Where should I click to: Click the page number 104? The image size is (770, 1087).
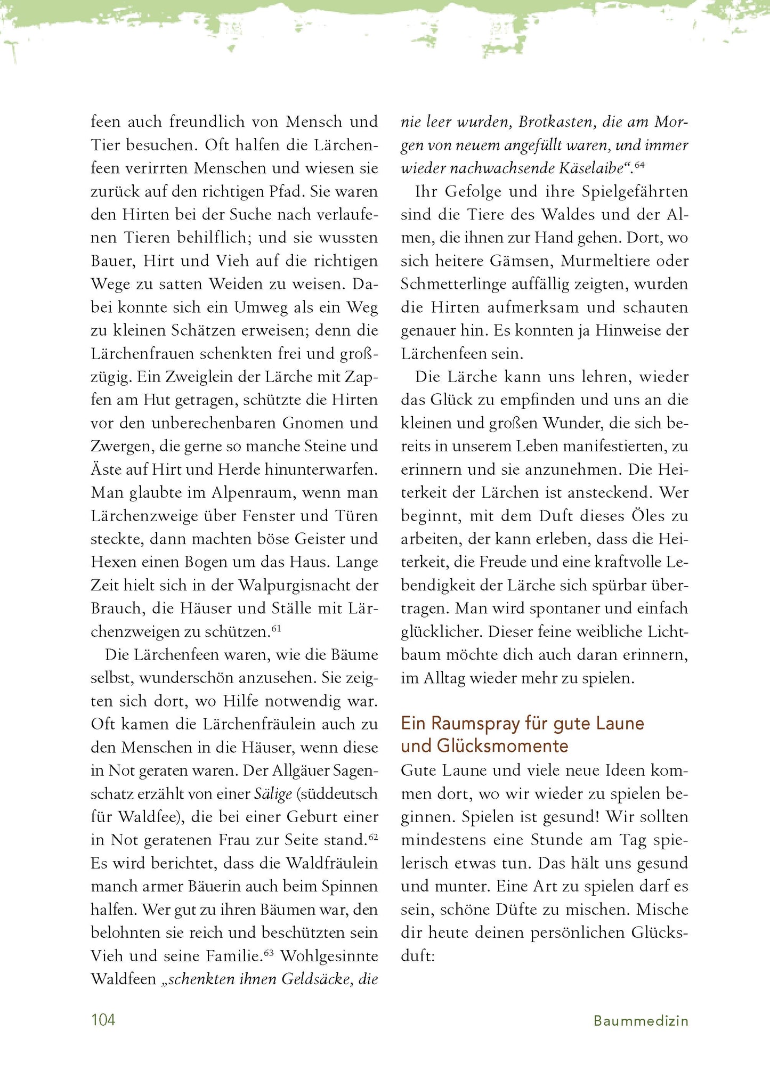pyautogui.click(x=103, y=1020)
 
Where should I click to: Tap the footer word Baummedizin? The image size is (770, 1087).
pyautogui.click(x=641, y=1021)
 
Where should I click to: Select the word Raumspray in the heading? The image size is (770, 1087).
pyautogui.click(x=475, y=724)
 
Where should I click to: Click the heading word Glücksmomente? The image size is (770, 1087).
pyautogui.click(x=502, y=746)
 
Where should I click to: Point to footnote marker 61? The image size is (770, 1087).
pyautogui.click(x=276, y=629)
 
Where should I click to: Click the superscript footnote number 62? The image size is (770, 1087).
pyautogui.click(x=373, y=837)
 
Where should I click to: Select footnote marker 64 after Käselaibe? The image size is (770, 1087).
pyautogui.click(x=639, y=165)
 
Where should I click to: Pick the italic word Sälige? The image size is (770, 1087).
pyautogui.click(x=273, y=794)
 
